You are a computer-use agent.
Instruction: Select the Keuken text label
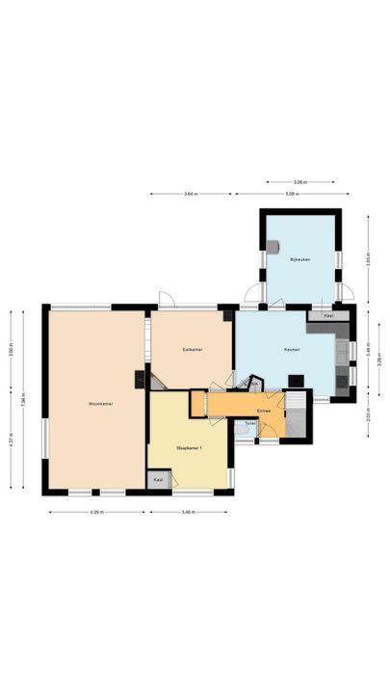(293, 349)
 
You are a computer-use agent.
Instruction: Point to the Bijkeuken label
(299, 258)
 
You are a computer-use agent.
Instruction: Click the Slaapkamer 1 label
(189, 448)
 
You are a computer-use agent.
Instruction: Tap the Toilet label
(249, 423)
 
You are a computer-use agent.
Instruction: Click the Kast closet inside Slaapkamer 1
(158, 479)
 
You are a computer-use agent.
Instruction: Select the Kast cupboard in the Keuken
(328, 315)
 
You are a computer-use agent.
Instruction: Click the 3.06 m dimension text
(300, 181)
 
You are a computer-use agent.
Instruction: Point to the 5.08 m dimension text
(291, 194)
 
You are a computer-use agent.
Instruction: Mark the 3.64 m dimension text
(191, 194)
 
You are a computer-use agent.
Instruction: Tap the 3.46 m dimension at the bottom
(189, 511)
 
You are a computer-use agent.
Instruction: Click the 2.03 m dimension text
(369, 417)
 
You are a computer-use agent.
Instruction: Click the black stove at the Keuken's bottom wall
(298, 380)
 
